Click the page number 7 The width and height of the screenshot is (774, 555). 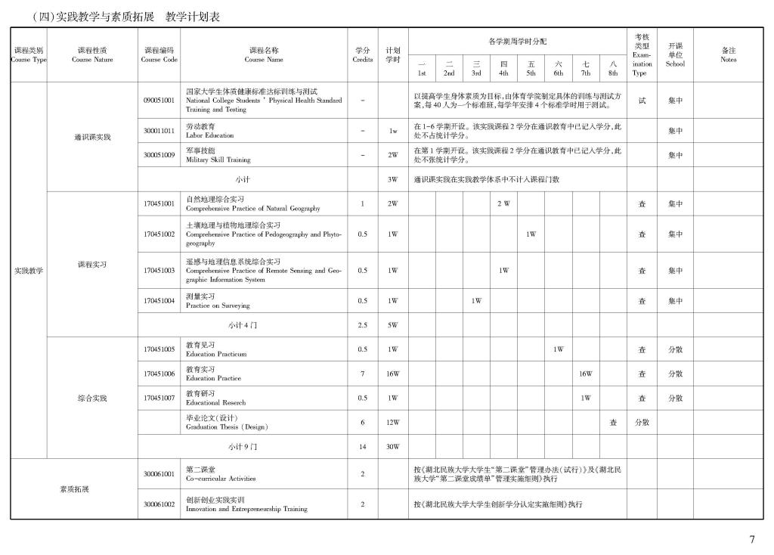coord(752,539)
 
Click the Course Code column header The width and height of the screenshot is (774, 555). coord(159,54)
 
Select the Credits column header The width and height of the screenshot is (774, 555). coord(363,54)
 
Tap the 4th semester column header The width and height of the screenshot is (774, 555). coord(503,68)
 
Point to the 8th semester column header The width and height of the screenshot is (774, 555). coord(613,68)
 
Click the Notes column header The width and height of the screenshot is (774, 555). coord(728,54)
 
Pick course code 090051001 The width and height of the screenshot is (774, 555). coord(159,100)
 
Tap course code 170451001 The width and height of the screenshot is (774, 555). coord(159,203)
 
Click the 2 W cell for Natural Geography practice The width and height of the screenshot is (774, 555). coord(503,203)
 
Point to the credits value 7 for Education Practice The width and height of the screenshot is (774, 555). coord(363,374)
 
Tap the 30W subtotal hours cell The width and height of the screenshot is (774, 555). coord(393,447)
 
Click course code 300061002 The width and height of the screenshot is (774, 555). coord(159,504)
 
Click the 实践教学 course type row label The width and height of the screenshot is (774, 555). coord(29,271)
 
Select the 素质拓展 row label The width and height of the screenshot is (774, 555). coord(74,489)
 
